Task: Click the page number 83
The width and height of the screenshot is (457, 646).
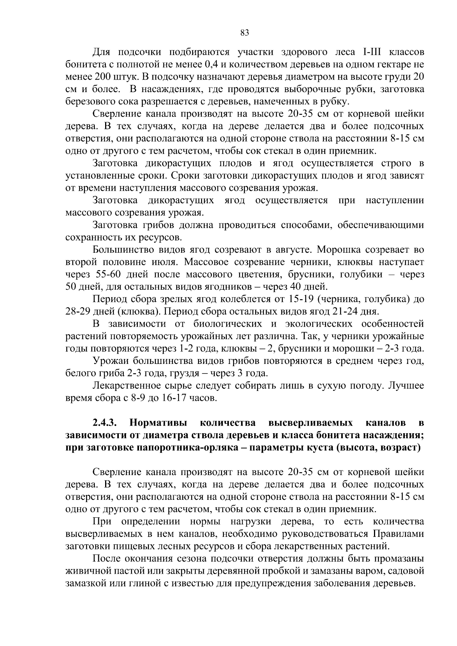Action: (x=245, y=33)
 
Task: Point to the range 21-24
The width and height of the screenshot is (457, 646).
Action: (x=344, y=311)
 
